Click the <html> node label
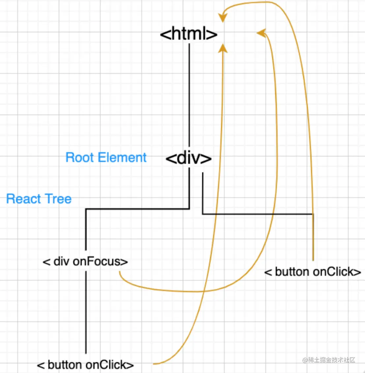point(189,34)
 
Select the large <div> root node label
point(189,158)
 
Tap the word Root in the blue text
point(79,157)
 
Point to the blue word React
point(23,199)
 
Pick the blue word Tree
point(58,199)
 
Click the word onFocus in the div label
point(100,261)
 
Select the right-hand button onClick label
point(313,272)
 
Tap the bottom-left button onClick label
point(85,365)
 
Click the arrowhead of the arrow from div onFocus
point(261,33)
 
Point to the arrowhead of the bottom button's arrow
point(223,49)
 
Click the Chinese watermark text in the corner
point(329,360)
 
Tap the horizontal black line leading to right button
point(257,214)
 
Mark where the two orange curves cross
point(203,291)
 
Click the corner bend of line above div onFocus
point(86,209)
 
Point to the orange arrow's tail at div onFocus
point(120,273)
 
